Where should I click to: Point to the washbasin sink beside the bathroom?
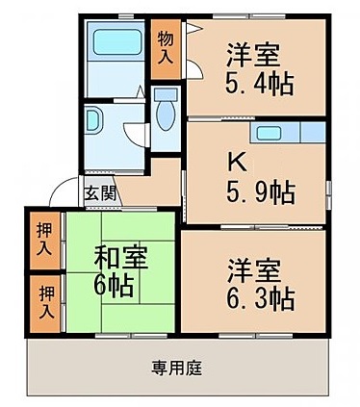click(96, 119)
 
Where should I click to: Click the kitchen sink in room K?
click(269, 132)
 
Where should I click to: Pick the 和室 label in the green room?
click(119, 258)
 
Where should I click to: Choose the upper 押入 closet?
click(44, 241)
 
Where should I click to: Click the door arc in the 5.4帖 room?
click(194, 70)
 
